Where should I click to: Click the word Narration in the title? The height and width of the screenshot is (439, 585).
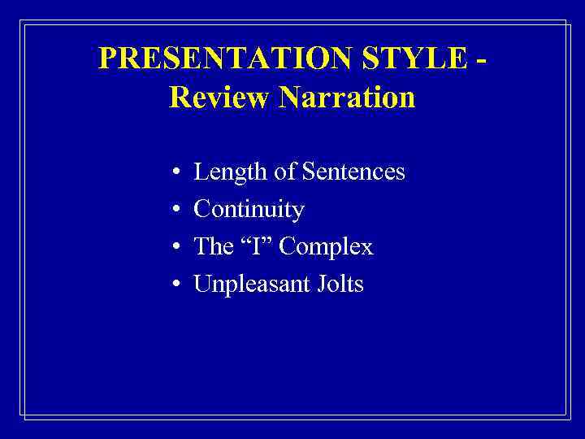pyautogui.click(x=347, y=98)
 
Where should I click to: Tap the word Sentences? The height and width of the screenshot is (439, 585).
pyautogui.click(x=353, y=172)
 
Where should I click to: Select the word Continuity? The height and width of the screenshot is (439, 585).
pyautogui.click(x=249, y=211)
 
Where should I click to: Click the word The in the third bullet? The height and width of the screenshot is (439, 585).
pyautogui.click(x=212, y=247)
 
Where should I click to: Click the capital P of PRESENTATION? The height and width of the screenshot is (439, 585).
pyautogui.click(x=107, y=59)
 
